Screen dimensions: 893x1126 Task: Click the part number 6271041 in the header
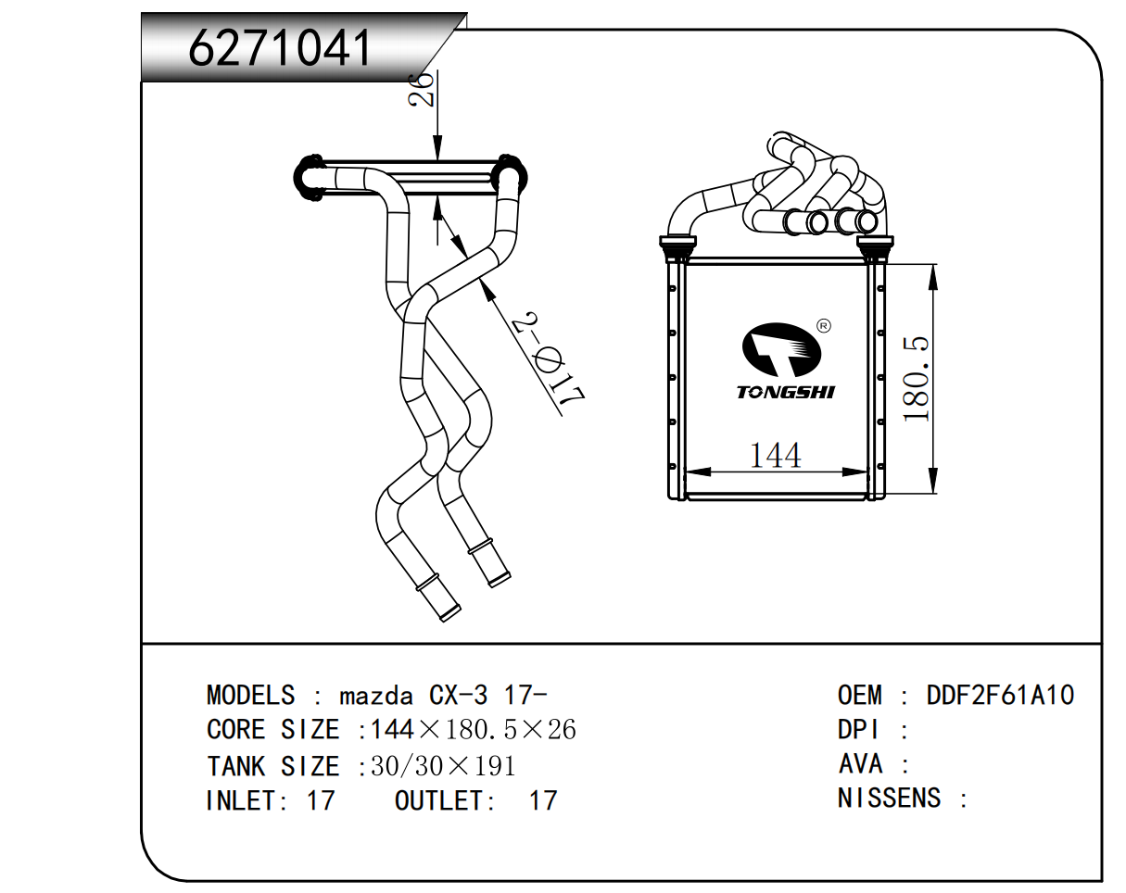pyautogui.click(x=280, y=48)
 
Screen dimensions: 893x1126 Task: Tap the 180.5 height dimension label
pyautogui.click(x=917, y=379)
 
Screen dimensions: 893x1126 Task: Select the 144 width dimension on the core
pyautogui.click(x=775, y=455)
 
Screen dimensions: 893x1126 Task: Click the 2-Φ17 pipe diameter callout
pyautogui.click(x=550, y=360)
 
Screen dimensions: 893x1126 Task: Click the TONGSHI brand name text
pyautogui.click(x=786, y=392)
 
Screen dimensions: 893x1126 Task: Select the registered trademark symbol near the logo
pyautogui.click(x=823, y=325)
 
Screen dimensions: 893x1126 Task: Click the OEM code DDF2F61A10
pyautogui.click(x=1000, y=695)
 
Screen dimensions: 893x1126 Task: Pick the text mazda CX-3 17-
pyautogui.click(x=443, y=695)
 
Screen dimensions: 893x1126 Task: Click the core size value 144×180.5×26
pyautogui.click(x=473, y=730)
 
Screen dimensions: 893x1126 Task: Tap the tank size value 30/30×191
pyautogui.click(x=443, y=766)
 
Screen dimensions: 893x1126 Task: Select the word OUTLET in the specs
pyautogui.click(x=438, y=800)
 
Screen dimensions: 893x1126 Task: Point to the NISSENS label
pyautogui.click(x=890, y=798)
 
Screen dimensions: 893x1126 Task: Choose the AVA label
pyautogui.click(x=860, y=764)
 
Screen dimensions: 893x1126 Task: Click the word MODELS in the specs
pyautogui.click(x=250, y=695)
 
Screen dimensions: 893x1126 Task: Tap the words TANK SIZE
pyautogui.click(x=272, y=766)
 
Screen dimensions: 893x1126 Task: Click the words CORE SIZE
pyautogui.click(x=272, y=730)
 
